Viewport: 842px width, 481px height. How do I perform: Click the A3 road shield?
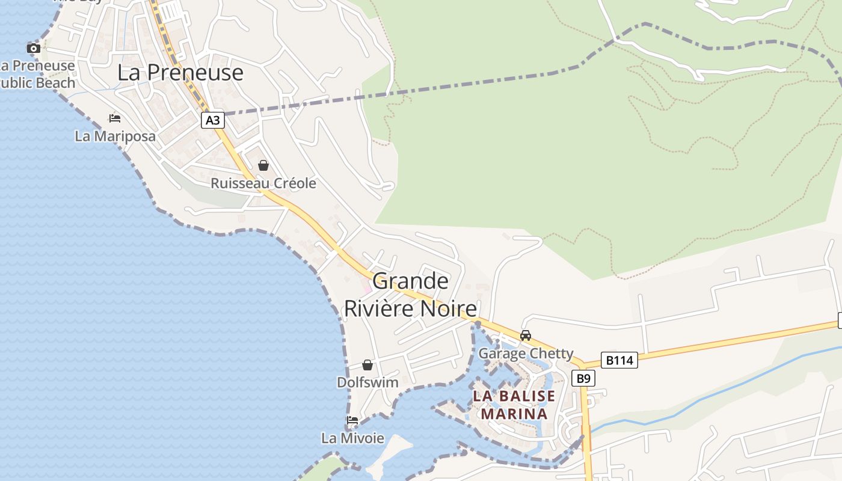[x=213, y=120]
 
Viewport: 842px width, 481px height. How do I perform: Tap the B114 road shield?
[x=619, y=360]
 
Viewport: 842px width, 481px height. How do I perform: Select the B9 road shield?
[x=582, y=378]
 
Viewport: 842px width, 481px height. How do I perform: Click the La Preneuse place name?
[x=180, y=73]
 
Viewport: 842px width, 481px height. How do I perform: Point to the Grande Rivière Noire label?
[x=411, y=295]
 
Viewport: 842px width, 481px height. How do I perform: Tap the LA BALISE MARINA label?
[x=514, y=405]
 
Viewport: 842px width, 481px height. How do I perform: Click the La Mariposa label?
[x=115, y=136]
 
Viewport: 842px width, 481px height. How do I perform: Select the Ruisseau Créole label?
[x=263, y=183]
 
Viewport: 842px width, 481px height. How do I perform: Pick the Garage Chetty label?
[x=526, y=354]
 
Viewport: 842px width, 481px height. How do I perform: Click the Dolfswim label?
[x=367, y=382]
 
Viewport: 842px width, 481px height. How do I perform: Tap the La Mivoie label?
[x=352, y=438]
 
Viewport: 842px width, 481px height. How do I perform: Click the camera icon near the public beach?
[x=34, y=48]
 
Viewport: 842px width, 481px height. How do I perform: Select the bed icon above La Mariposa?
[x=115, y=118]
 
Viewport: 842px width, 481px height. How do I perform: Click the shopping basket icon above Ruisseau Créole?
[x=263, y=165]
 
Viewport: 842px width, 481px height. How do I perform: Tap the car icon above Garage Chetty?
[x=526, y=335]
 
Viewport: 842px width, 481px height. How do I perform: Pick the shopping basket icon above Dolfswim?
[x=367, y=365]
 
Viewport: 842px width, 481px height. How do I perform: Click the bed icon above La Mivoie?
[x=352, y=420]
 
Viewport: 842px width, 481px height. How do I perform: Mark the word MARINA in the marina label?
[x=514, y=414]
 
